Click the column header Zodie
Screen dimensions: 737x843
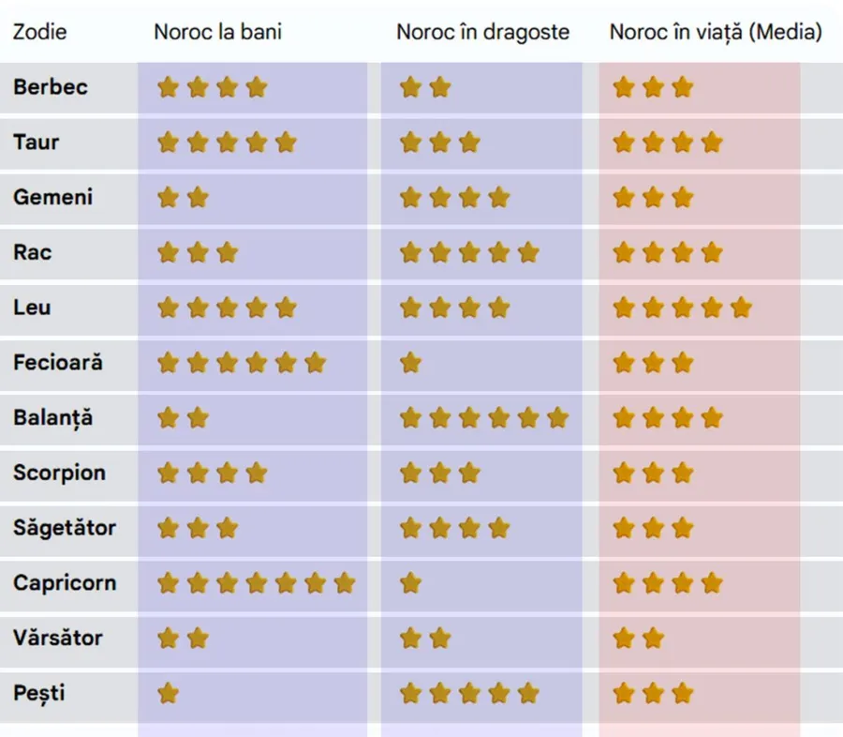39,32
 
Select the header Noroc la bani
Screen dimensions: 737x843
217,32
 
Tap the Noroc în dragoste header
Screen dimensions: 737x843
482,32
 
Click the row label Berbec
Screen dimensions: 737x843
51,87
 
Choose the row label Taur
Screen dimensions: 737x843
37,143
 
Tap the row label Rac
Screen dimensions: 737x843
33,252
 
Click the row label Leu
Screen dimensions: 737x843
32,308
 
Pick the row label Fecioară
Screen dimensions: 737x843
58,363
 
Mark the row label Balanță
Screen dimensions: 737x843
53,418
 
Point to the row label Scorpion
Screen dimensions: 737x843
59,473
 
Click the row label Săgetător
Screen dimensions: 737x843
65,528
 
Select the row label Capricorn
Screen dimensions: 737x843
65,583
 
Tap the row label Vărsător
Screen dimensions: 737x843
57,639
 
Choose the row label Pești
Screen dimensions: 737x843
39,694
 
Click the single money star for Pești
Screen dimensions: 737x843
168,694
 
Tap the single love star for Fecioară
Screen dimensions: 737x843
410,363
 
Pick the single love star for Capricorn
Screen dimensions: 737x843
410,583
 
